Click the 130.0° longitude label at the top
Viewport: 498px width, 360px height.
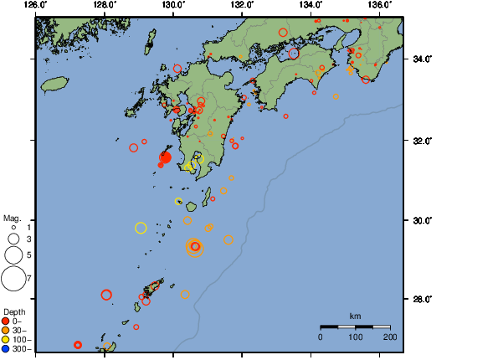[172, 5]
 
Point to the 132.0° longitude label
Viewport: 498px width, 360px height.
[241, 5]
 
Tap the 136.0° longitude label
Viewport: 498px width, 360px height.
[379, 5]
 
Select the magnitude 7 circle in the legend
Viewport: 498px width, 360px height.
[13, 277]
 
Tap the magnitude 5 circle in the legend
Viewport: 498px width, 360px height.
[13, 255]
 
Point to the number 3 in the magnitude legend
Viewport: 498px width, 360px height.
[28, 240]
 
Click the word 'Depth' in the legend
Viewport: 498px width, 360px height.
[13, 311]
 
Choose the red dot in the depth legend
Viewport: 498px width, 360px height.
[6, 321]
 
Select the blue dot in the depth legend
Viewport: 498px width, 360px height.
[6, 348]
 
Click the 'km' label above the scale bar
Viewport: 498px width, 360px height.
[355, 316]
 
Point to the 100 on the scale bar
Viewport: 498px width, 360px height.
[355, 337]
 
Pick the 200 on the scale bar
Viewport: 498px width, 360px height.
[389, 337]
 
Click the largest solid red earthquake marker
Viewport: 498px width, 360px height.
[165, 157]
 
